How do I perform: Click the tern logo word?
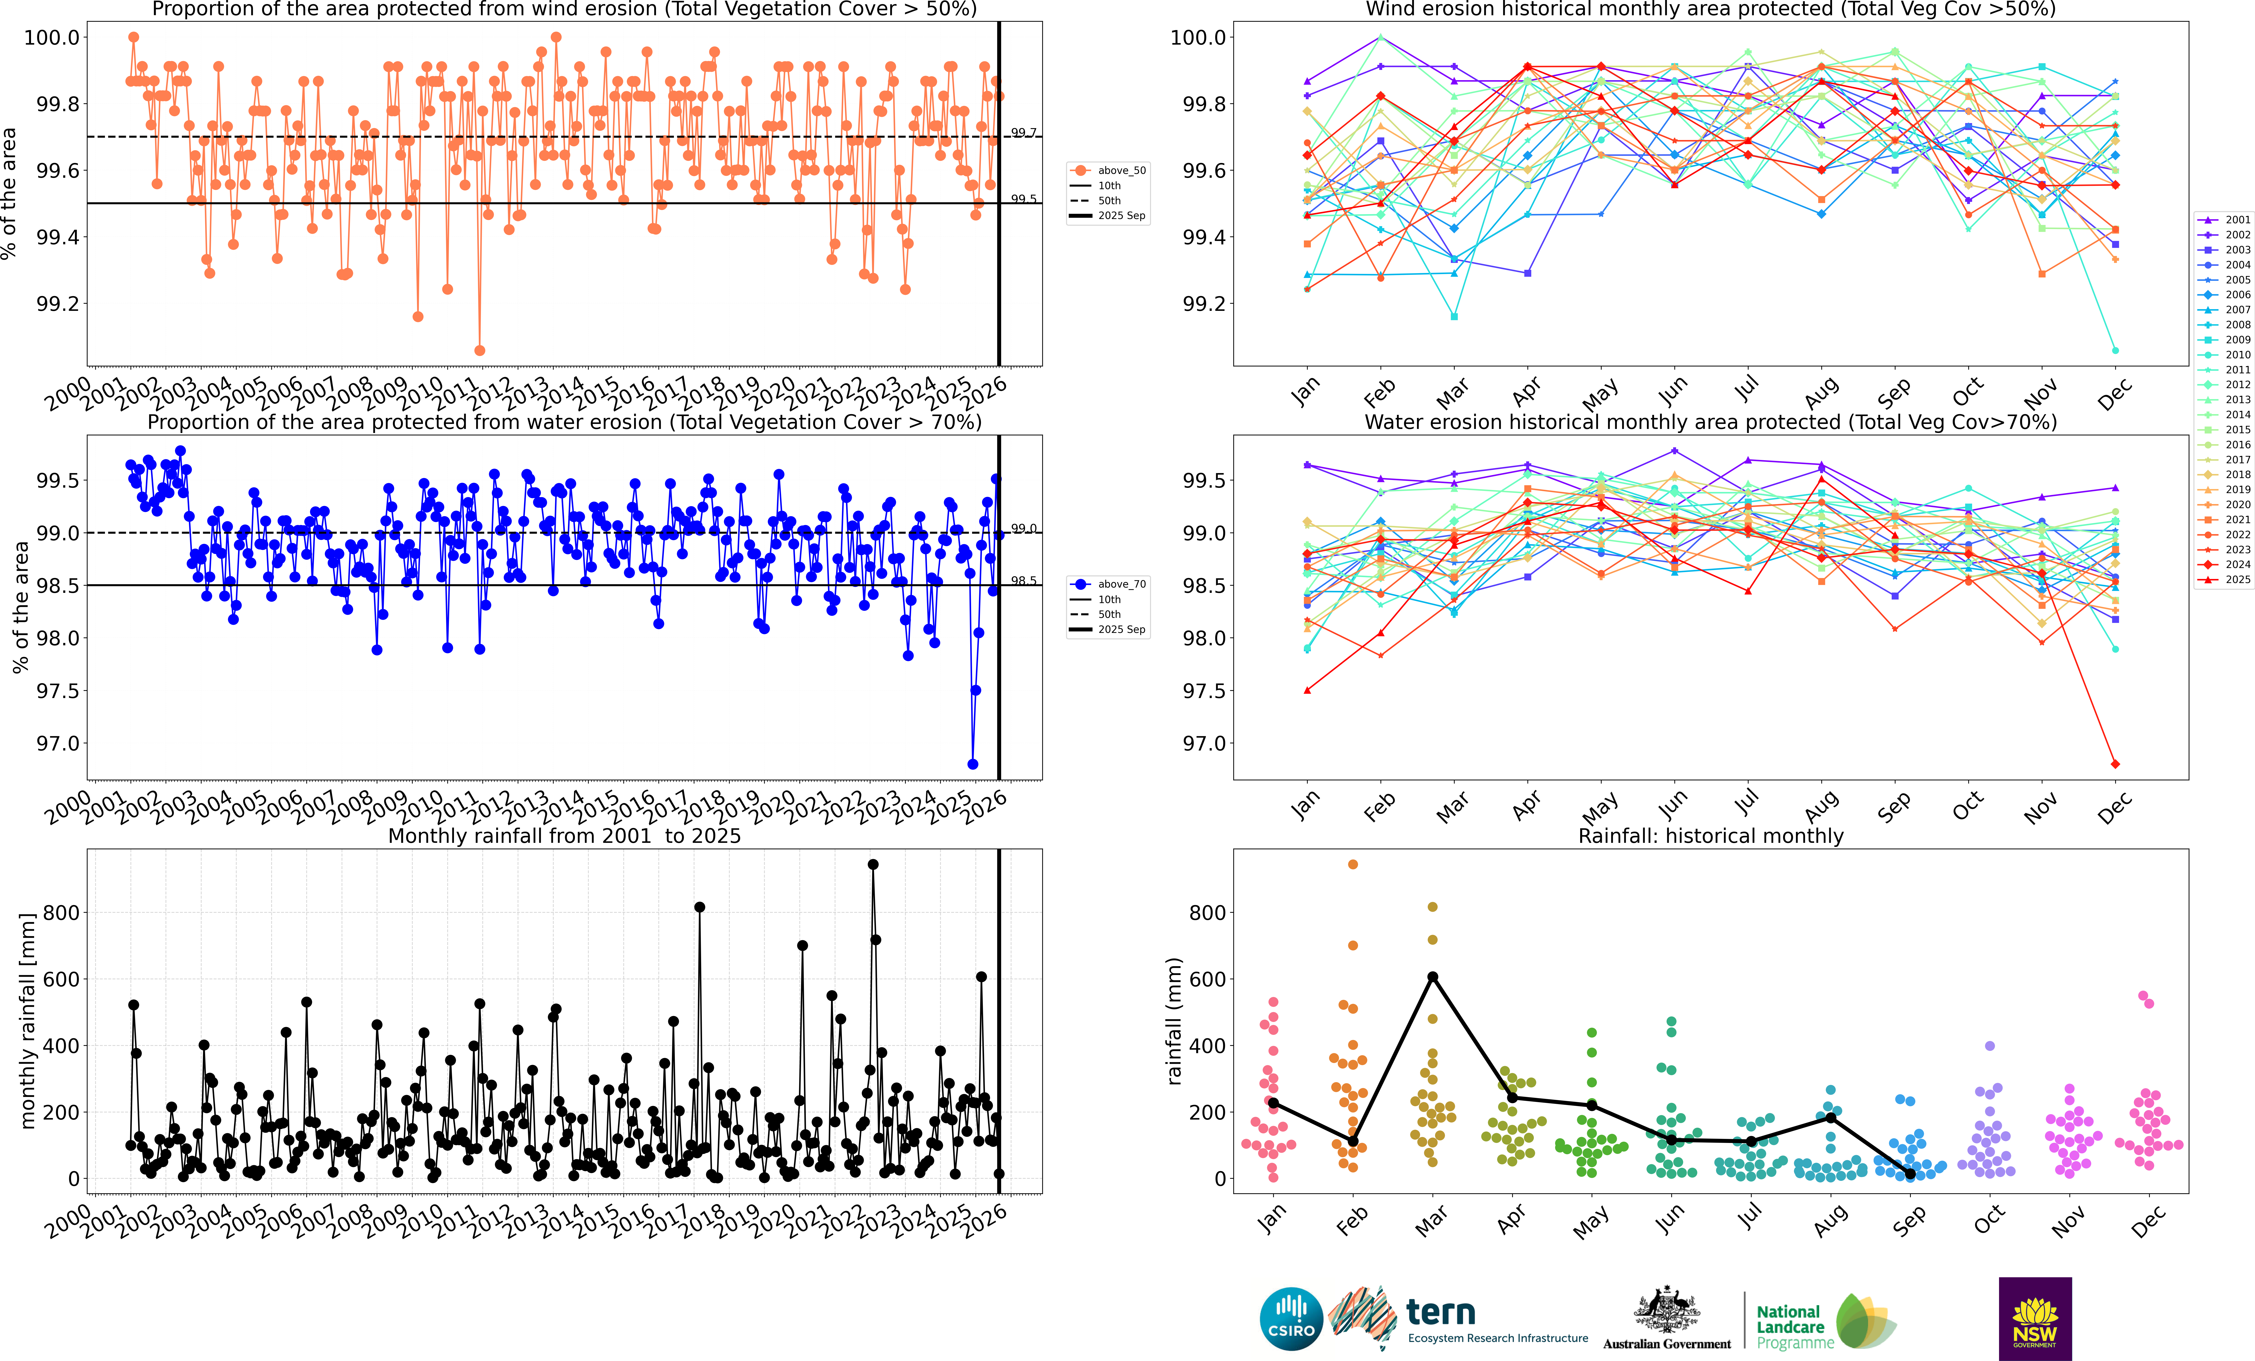pyautogui.click(x=1441, y=1313)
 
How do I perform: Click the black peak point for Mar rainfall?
pyautogui.click(x=1432, y=977)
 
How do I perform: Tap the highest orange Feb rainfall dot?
pyautogui.click(x=1353, y=864)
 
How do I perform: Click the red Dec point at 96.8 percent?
pyautogui.click(x=2115, y=763)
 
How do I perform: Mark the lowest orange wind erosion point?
pyautogui.click(x=479, y=350)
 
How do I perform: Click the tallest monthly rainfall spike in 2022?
pyautogui.click(x=873, y=864)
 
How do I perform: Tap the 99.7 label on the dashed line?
pyautogui.click(x=1023, y=133)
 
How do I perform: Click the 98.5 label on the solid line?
pyautogui.click(x=1023, y=580)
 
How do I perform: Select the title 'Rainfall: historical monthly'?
pyautogui.click(x=1710, y=836)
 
